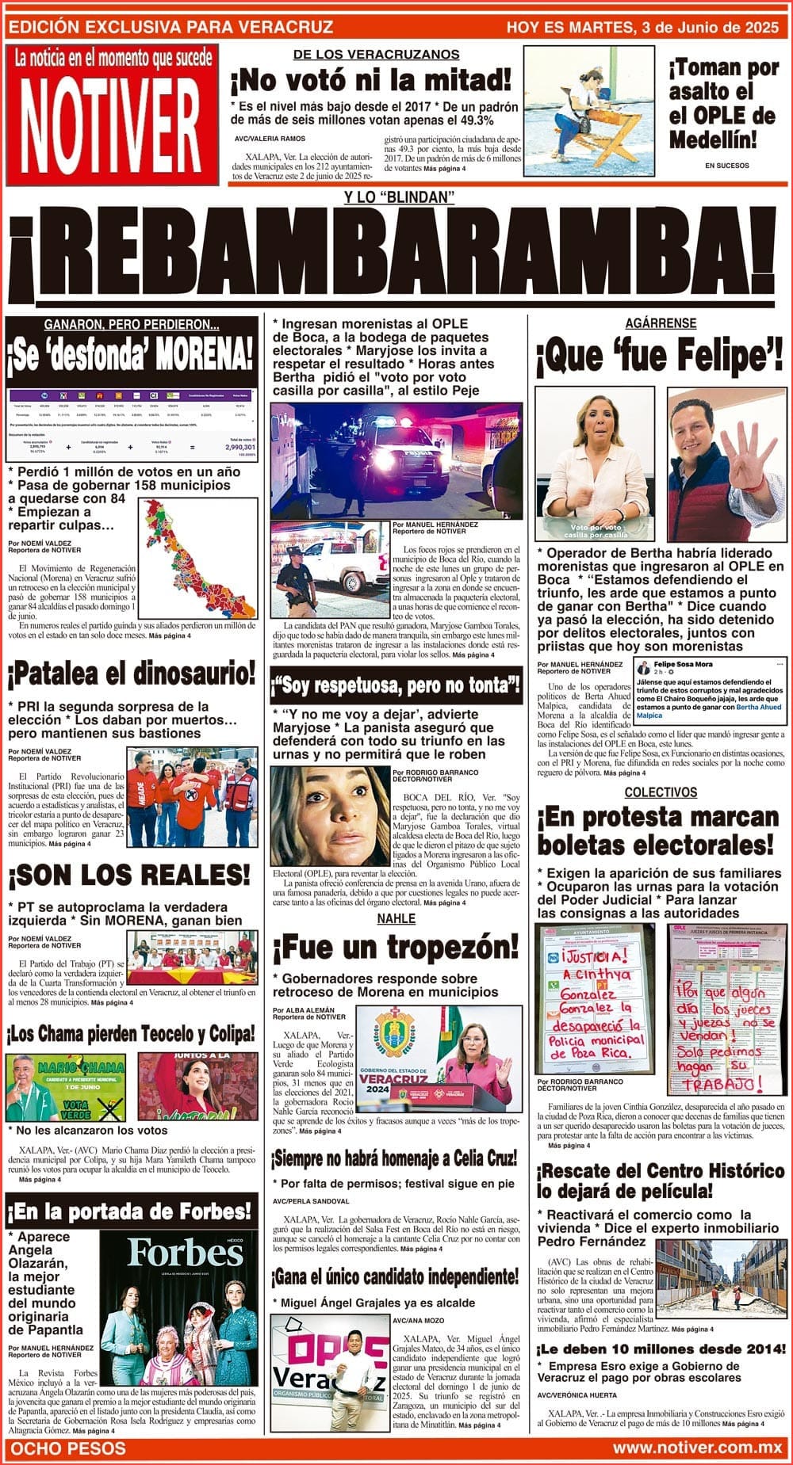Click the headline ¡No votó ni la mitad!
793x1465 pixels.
(x=370, y=80)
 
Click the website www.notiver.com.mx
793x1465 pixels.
(x=697, y=1448)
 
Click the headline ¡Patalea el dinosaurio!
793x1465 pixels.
(x=132, y=673)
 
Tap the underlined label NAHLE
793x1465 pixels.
(x=396, y=918)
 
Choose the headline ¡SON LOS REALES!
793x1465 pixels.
(x=129, y=875)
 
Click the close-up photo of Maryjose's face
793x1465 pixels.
(x=330, y=815)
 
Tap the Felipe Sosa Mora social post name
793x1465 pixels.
(x=683, y=664)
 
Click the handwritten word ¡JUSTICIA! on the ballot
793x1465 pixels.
(x=588, y=954)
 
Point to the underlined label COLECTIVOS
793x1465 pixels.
(x=661, y=792)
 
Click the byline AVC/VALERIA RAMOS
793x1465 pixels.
(x=270, y=139)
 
